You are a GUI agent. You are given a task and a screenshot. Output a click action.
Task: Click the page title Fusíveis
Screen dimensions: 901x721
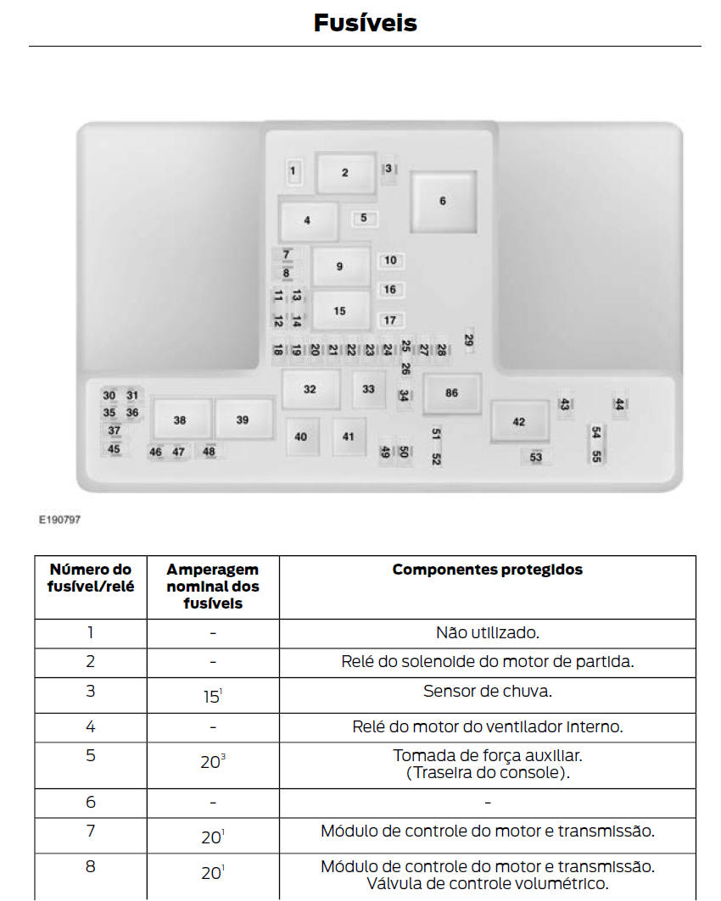(x=365, y=23)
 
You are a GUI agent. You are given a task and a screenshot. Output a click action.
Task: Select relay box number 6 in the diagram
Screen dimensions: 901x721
(x=442, y=201)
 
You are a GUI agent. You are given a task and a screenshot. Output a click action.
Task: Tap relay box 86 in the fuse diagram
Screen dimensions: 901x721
(x=451, y=393)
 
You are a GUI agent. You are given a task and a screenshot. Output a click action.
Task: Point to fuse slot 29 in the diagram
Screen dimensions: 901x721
(x=469, y=340)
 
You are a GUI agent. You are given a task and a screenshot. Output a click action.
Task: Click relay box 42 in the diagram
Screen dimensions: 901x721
(x=519, y=422)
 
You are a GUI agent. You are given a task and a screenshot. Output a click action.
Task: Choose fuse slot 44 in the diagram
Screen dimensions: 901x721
(x=619, y=405)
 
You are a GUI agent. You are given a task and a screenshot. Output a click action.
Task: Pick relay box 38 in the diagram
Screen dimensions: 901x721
(x=180, y=420)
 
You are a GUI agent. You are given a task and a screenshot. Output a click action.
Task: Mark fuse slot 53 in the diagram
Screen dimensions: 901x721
(x=536, y=458)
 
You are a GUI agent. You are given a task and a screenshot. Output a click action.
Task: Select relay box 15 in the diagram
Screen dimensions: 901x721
(x=340, y=311)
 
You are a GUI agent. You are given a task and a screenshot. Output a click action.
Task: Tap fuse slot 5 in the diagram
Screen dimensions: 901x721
(x=364, y=218)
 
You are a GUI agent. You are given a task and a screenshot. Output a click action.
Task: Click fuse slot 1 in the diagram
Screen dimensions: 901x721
(x=293, y=171)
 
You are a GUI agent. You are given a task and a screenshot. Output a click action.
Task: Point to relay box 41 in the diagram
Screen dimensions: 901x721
(x=349, y=437)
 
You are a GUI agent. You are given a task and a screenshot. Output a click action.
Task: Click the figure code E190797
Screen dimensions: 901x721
(x=59, y=520)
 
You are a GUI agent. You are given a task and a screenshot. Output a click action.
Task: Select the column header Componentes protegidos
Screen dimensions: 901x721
(x=487, y=570)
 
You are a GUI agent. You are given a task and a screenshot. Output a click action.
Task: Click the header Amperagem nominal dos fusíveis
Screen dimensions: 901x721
(x=212, y=587)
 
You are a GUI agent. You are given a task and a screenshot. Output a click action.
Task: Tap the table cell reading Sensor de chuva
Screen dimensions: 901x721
(x=487, y=691)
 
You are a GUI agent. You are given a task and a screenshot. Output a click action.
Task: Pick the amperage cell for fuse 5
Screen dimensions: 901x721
(x=212, y=762)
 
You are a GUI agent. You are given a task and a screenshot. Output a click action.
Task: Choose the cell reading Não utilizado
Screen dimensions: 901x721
(x=487, y=632)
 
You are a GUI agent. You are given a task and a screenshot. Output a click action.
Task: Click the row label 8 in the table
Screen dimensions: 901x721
(x=91, y=866)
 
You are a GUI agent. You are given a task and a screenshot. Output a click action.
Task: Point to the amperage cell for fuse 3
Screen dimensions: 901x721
(x=212, y=696)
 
